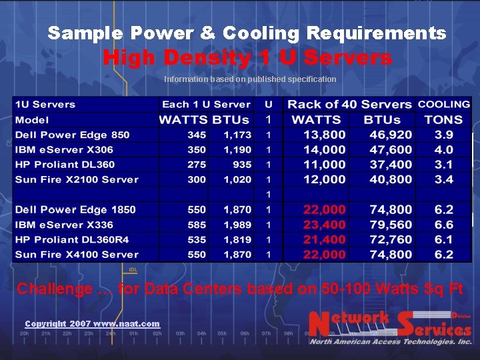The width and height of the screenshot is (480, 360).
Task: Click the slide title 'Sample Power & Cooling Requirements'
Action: click(x=247, y=33)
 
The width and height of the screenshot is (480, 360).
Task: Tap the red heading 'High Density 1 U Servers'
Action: click(x=247, y=58)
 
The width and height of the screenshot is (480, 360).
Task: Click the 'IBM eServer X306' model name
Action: click(x=64, y=150)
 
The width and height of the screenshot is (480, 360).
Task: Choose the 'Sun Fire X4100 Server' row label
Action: click(x=77, y=255)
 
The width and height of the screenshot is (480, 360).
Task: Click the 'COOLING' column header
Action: click(x=443, y=104)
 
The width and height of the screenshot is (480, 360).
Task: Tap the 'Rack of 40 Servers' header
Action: click(x=349, y=104)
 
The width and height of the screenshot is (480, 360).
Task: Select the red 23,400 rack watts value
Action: click(x=325, y=225)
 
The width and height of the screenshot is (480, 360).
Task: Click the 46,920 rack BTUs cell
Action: click(x=391, y=135)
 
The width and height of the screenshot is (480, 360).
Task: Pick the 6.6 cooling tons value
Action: click(x=443, y=225)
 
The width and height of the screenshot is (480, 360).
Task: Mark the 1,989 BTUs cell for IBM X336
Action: click(x=237, y=225)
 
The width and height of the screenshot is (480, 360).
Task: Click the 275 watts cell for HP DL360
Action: click(x=196, y=165)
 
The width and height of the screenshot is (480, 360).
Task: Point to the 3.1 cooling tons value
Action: click(x=443, y=165)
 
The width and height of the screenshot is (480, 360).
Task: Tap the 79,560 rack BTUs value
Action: click(x=391, y=225)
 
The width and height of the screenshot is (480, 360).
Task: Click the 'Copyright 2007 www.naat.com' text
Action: click(x=92, y=323)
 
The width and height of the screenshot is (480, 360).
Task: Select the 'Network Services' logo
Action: click(x=390, y=327)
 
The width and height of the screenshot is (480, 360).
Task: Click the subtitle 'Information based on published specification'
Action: click(x=250, y=79)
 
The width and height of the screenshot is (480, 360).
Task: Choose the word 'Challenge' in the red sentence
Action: click(x=55, y=289)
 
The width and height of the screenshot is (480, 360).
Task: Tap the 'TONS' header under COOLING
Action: click(x=443, y=120)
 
